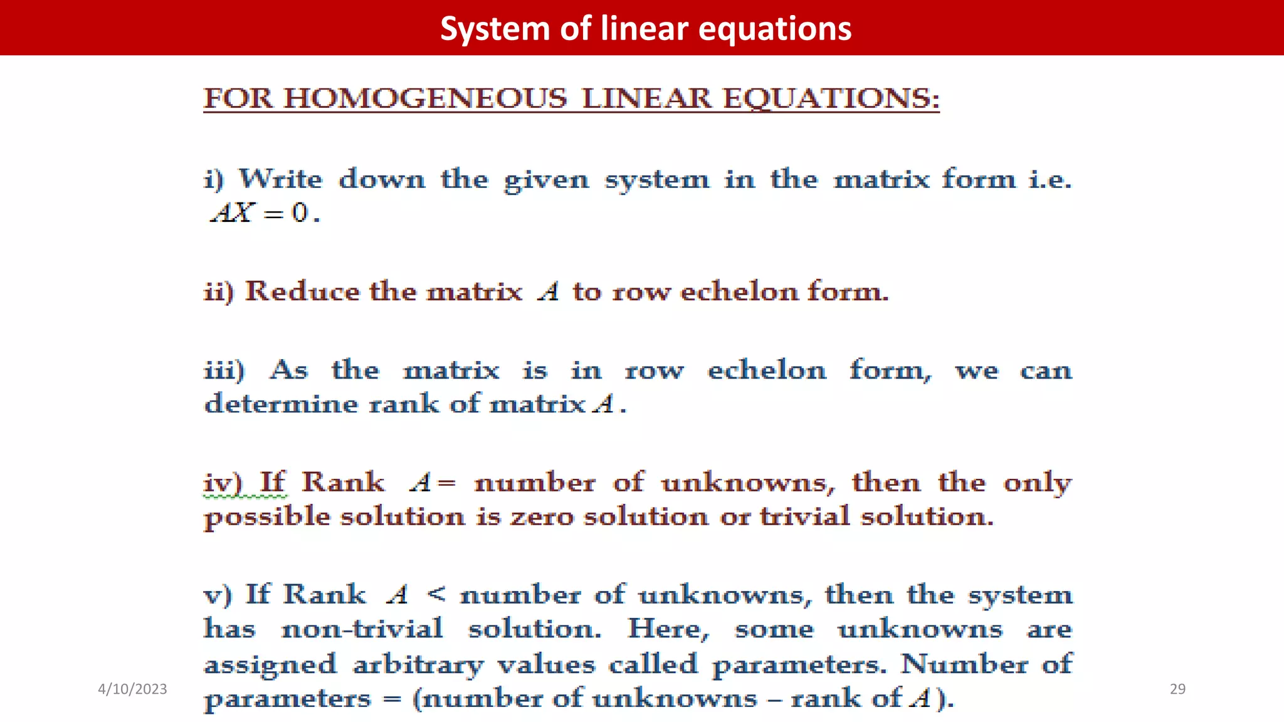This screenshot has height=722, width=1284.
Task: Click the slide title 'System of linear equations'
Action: point(646,29)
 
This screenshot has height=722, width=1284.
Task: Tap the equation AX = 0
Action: point(265,213)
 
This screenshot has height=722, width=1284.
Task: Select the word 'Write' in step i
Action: point(281,179)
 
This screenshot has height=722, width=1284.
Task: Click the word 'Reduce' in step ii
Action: point(302,291)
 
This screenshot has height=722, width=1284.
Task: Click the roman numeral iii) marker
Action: point(224,370)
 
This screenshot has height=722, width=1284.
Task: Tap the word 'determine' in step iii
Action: point(281,404)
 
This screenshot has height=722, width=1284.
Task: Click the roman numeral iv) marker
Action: point(223,483)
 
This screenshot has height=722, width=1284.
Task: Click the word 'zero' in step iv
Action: point(542,517)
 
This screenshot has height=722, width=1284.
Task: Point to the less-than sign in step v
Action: point(436,594)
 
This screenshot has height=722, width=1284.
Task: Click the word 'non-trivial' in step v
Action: point(362,629)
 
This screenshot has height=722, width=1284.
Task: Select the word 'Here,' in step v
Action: point(668,629)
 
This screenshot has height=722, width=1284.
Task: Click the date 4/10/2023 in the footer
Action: point(132,689)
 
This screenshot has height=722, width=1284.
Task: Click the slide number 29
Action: point(1177,689)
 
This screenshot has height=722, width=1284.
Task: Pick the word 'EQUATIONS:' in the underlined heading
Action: point(831,99)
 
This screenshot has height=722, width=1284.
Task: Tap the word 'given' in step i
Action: point(547,180)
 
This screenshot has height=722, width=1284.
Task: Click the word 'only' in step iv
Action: point(1038,483)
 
